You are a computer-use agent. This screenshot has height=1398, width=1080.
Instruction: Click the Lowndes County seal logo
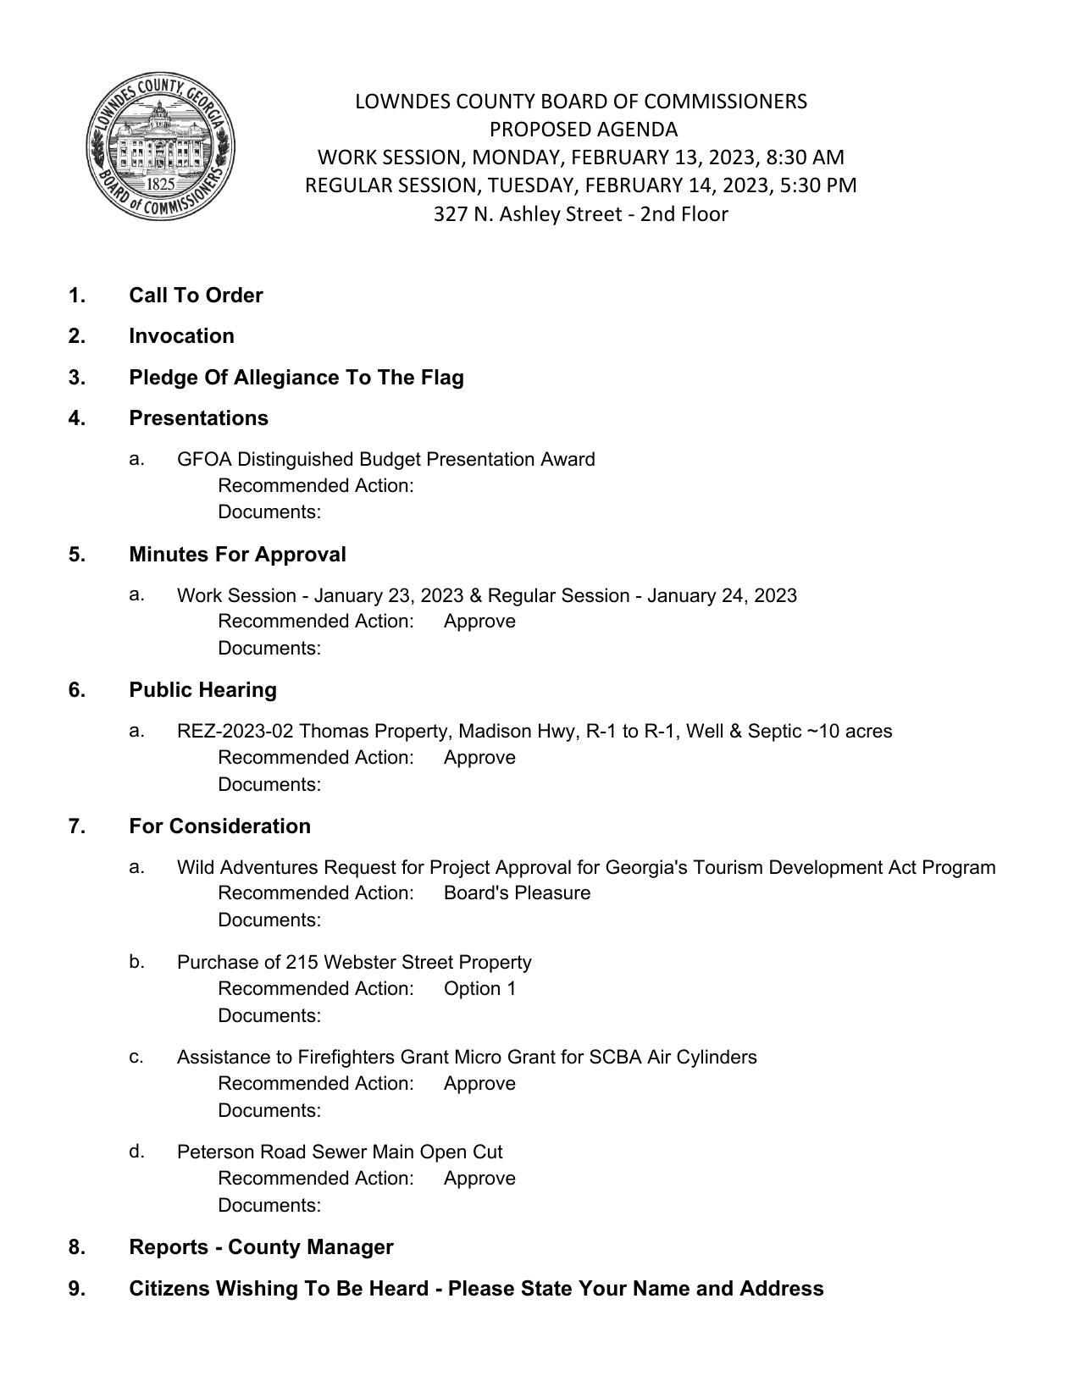click(x=160, y=146)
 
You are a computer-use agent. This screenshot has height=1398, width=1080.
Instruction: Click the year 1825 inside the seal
click(x=160, y=184)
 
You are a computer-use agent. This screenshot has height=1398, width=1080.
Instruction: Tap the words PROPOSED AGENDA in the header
click(x=583, y=130)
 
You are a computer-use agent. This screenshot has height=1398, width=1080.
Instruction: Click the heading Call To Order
click(x=196, y=296)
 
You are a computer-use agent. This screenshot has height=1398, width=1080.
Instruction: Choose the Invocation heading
click(x=181, y=336)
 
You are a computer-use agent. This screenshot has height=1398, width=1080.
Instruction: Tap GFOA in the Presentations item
click(x=204, y=459)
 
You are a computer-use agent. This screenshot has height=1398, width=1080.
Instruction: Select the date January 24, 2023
click(x=722, y=595)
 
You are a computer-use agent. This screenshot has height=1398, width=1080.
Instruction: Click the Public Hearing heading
click(x=202, y=690)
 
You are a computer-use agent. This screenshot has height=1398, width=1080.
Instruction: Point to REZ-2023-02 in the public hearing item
click(x=235, y=731)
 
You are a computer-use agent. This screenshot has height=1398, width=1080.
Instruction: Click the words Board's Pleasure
click(x=517, y=892)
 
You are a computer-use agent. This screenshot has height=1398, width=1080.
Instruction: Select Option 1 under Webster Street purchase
click(x=479, y=988)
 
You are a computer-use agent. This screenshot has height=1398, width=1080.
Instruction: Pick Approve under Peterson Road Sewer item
click(x=479, y=1178)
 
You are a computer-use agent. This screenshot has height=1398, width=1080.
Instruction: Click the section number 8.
click(x=76, y=1247)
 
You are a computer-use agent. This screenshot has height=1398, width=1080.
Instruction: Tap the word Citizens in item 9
click(x=169, y=1289)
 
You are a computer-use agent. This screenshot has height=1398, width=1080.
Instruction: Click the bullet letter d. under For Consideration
click(x=136, y=1152)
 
